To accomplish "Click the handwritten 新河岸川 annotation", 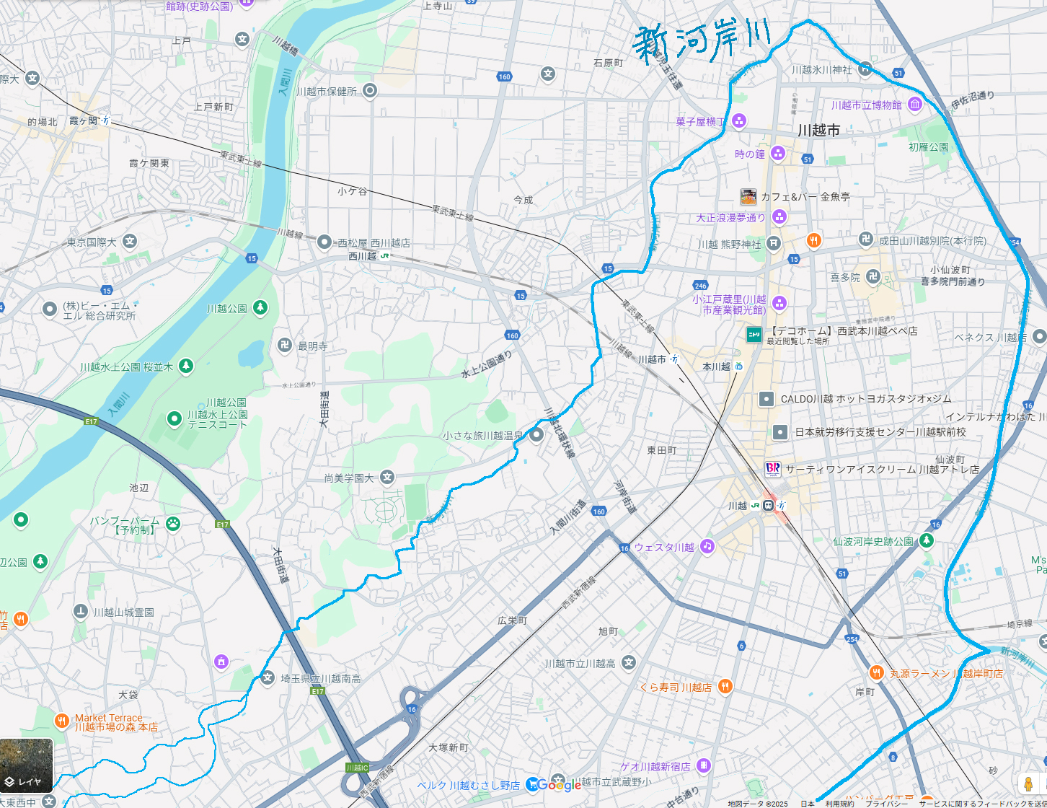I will [701, 41].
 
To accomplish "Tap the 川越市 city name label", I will [818, 131].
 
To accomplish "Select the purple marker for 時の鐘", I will [777, 153].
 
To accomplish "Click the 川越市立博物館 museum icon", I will [915, 105].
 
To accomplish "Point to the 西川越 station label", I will [363, 256].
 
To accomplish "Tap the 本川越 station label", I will [717, 366].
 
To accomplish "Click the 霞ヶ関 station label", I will [83, 121].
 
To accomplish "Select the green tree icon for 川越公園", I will [260, 308].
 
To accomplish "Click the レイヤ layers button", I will [27, 765].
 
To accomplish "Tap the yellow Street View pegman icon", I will [1028, 783].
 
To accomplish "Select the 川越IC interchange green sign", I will [357, 768].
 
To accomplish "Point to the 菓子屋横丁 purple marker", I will [738, 121].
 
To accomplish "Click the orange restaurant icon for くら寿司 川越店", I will [725, 686].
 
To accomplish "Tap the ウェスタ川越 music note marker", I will [707, 546].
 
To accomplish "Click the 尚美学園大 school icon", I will [388, 478].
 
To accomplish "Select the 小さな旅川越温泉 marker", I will [536, 435].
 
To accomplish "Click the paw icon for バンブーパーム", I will [173, 524].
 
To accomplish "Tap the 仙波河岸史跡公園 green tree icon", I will [927, 540].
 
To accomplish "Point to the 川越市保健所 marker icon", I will [370, 91].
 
